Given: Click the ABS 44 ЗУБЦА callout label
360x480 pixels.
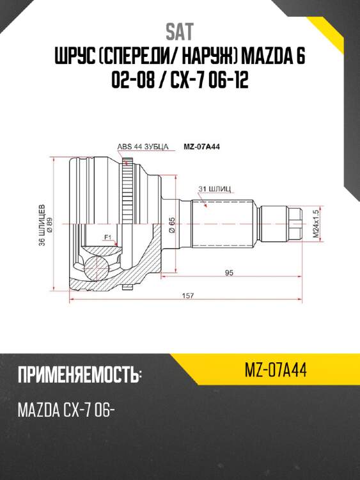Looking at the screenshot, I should (142, 147).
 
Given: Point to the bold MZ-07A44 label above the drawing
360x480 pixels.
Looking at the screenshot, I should (202, 146).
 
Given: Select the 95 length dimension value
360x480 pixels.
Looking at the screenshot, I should (228, 273).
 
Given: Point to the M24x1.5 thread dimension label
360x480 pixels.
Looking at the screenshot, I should (315, 227).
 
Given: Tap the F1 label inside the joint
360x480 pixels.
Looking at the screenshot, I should (107, 238).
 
